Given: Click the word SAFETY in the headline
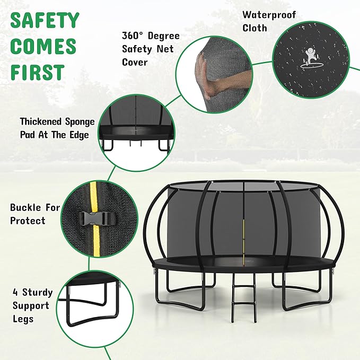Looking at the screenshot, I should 45,21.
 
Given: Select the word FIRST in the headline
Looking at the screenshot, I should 37,72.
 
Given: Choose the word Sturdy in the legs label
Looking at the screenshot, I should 40,292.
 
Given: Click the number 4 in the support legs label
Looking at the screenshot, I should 16,292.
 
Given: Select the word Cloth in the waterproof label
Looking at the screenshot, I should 254,28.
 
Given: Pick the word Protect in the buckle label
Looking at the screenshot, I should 28,221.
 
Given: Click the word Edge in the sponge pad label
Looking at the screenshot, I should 77,135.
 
